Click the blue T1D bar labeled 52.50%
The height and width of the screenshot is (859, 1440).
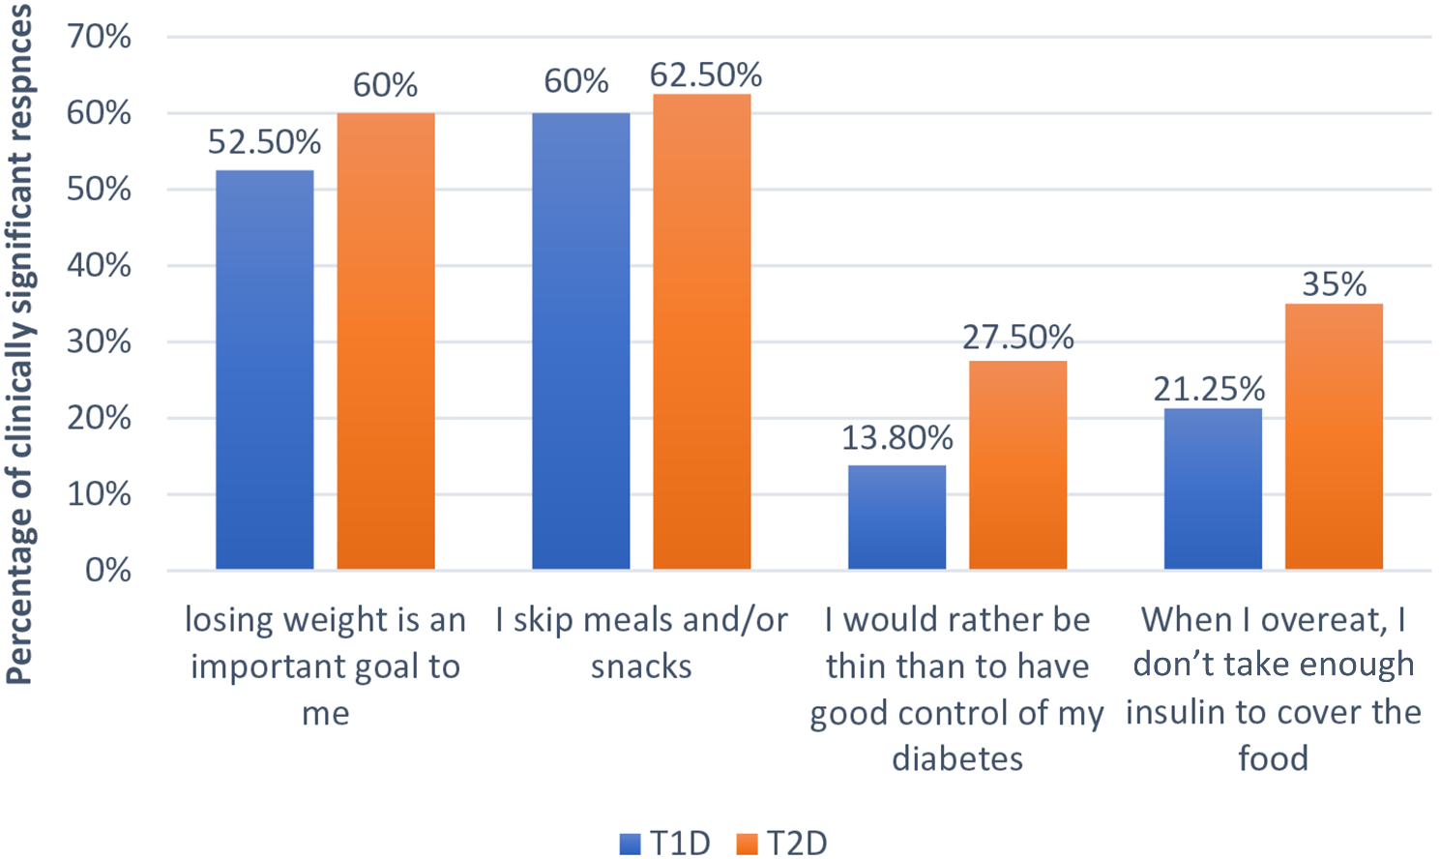(264, 370)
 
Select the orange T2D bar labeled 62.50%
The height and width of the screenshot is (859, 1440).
(701, 331)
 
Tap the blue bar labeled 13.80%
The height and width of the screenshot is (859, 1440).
(896, 517)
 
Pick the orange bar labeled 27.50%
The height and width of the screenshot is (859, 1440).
(1017, 464)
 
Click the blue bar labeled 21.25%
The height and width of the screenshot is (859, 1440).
(1213, 489)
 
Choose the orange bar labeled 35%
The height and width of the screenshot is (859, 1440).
(1334, 436)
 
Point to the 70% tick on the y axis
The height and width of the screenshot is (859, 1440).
(99, 37)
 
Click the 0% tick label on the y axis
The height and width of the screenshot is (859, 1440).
(107, 570)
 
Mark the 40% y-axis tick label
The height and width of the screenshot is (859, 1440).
(99, 265)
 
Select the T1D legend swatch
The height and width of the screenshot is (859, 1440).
(630, 844)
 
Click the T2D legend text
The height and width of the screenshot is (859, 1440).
(797, 844)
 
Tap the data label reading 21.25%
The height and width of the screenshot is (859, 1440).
(1209, 389)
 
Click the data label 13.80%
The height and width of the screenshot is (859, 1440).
(896, 437)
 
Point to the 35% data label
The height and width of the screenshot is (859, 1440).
(1334, 284)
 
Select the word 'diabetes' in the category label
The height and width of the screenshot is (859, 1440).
(956, 758)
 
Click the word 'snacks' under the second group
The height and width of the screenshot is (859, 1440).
(641, 666)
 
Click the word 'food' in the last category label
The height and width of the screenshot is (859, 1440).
(1273, 758)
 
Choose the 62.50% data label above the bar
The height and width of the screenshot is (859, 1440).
(705, 74)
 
